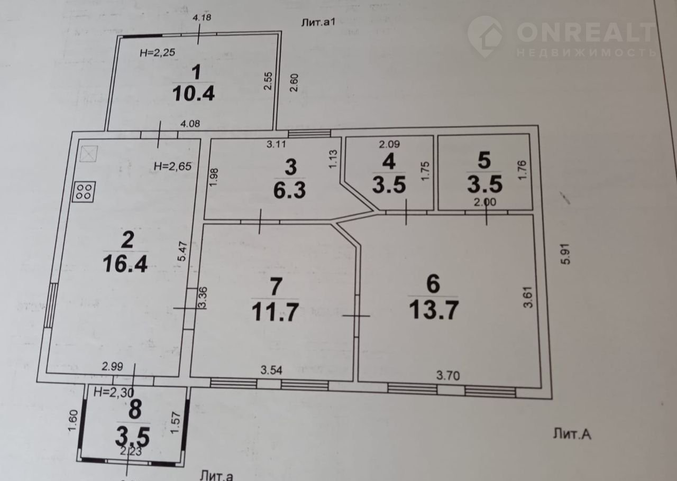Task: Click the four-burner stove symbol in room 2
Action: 85,191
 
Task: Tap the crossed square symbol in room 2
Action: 89,153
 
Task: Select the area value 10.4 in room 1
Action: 194,94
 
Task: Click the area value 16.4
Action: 126,263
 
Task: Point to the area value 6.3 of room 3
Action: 290,190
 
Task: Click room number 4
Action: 389,161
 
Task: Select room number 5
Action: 484,160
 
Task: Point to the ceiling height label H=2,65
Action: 172,166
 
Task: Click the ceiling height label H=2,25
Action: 157,52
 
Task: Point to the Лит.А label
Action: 571,434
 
